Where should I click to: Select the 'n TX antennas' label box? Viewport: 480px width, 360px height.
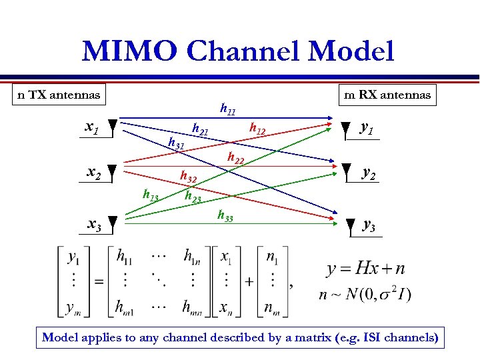click(x=59, y=95)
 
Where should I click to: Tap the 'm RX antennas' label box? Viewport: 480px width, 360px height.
click(x=387, y=95)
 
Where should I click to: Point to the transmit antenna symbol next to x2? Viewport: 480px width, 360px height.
click(x=113, y=174)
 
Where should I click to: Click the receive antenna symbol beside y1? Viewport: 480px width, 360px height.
click(x=345, y=129)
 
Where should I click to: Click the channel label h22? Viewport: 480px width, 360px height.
click(x=235, y=158)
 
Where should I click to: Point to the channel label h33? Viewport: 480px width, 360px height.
click(x=225, y=215)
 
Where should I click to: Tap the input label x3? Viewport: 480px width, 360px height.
click(x=95, y=225)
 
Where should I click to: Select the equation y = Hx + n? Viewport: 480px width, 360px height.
click(x=365, y=269)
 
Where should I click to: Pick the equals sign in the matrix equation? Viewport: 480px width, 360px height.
click(x=99, y=281)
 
